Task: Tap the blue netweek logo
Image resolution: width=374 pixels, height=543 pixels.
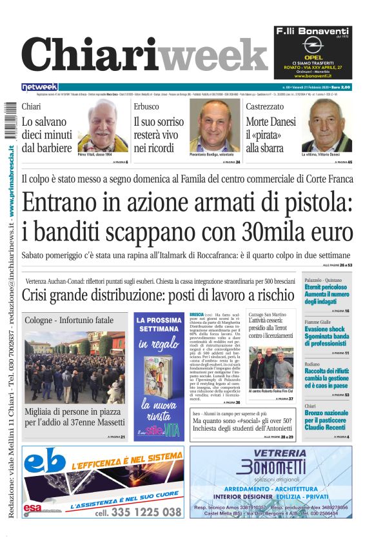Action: coord(40,87)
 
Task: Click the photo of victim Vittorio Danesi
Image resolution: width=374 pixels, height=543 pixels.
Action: coord(327,126)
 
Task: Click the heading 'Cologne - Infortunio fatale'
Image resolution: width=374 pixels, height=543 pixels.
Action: coord(69,320)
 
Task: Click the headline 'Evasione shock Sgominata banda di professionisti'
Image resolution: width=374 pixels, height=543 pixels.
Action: coord(326,335)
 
